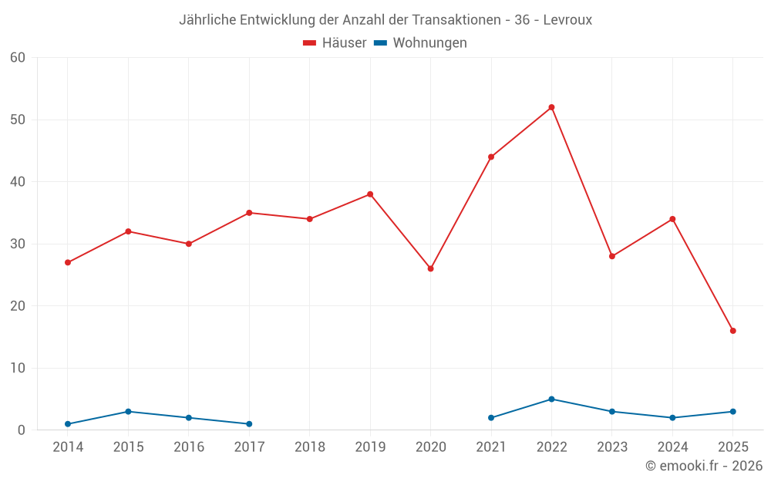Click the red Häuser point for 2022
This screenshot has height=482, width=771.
tap(551, 107)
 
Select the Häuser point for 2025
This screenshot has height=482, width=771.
tap(732, 331)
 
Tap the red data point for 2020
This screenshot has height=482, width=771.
tap(430, 268)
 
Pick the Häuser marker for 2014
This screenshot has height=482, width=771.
tap(68, 262)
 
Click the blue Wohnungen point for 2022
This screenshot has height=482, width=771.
tap(551, 399)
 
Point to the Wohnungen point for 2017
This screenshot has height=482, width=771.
tap(249, 424)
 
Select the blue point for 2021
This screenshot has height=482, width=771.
tap(491, 418)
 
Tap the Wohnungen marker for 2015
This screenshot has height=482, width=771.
tap(128, 411)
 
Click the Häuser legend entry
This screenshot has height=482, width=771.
tap(335, 43)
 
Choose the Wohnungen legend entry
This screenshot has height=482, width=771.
tap(420, 43)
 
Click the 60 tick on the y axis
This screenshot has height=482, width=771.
tap(18, 58)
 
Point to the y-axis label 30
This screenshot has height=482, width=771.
tap(18, 244)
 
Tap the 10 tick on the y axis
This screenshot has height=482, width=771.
tap(18, 368)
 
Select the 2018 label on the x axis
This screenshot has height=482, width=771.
tap(310, 447)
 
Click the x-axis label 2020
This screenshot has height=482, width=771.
tap(430, 447)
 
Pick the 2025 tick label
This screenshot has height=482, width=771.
tap(732, 447)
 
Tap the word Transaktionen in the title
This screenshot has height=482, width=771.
tap(450, 20)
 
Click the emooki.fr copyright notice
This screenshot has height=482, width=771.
tap(703, 466)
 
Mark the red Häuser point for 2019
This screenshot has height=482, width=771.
tap(370, 194)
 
